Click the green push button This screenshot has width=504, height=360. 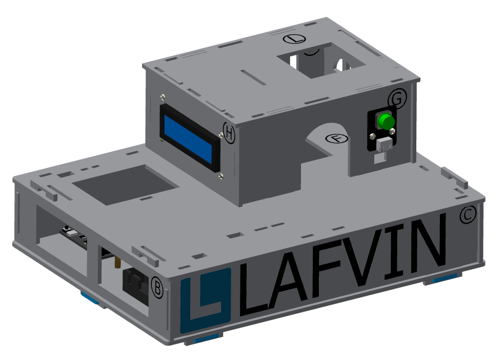click(386, 121)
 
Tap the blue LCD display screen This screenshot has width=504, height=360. click(188, 139)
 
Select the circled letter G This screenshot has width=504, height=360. click(397, 98)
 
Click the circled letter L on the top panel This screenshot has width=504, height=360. click(294, 39)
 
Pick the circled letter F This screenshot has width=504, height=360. click(337, 138)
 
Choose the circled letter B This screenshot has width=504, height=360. click(157, 287)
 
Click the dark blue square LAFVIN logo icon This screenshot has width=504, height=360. click(206, 299)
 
